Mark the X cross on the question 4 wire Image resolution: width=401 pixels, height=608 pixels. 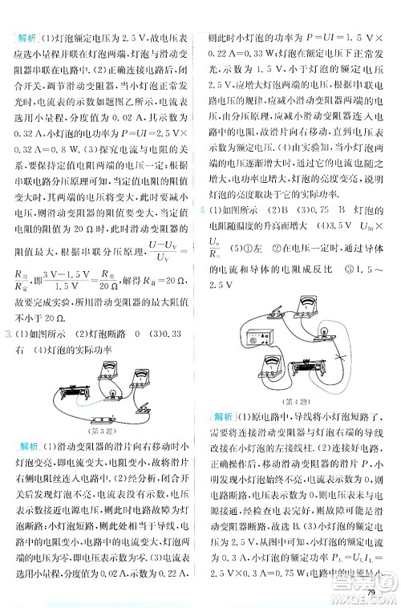coord(340,357)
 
